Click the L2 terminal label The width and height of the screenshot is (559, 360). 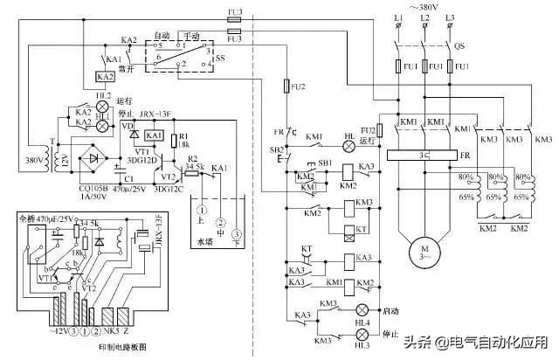(x=425, y=18)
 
